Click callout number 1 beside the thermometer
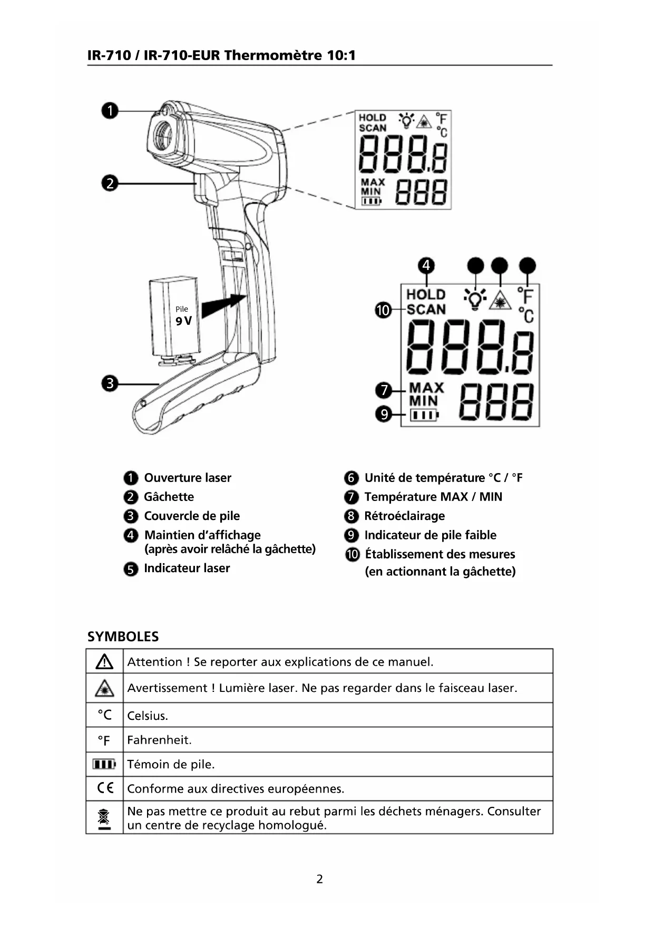coord(110,111)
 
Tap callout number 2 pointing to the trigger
coord(110,184)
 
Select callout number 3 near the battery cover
coord(110,383)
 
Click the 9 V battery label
coord(183,321)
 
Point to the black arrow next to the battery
coord(223,306)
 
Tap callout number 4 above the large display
coord(426,265)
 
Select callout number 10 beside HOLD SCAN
coord(383,310)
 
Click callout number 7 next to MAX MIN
coord(384,390)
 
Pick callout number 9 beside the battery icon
coord(384,415)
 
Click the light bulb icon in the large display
coord(475,299)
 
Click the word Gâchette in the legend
coord(169,497)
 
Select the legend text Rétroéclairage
coord(404,516)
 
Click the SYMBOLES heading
coord(123,637)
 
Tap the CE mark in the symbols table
coord(105,788)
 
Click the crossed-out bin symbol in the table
coord(104,818)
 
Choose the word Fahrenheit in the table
coord(159,740)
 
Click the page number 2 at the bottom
coord(319,879)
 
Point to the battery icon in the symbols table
coord(104,764)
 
